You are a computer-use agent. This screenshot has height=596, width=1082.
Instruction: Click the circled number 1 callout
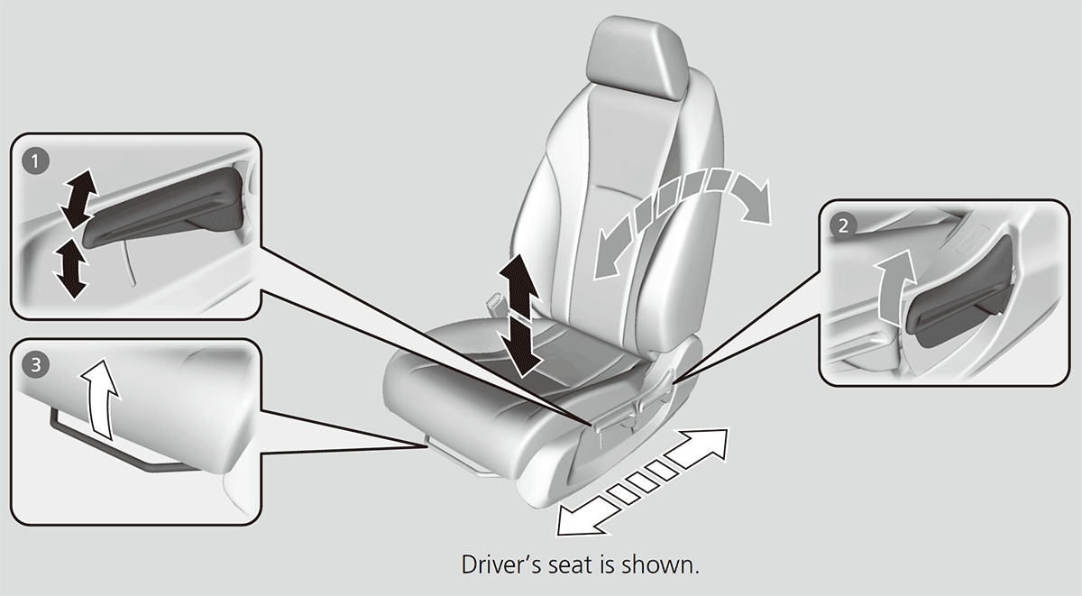point(35,161)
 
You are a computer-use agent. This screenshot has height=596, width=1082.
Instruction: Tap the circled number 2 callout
point(843,225)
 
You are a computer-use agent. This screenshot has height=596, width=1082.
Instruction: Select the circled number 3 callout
point(36,365)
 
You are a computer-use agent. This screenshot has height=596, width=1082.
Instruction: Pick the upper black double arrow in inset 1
point(78,198)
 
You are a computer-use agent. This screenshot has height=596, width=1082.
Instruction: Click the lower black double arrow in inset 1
point(70,268)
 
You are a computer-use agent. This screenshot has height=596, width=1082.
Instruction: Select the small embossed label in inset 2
point(971,239)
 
